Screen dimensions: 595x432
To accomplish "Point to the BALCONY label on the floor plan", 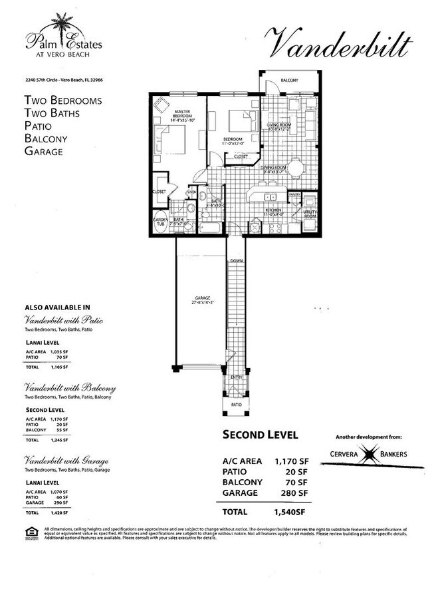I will coord(290,80).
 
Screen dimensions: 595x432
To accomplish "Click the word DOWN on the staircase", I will coord(237,262).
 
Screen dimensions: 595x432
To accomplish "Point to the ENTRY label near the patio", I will coord(237,377).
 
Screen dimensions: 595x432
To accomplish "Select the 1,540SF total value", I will coord(292,512).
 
